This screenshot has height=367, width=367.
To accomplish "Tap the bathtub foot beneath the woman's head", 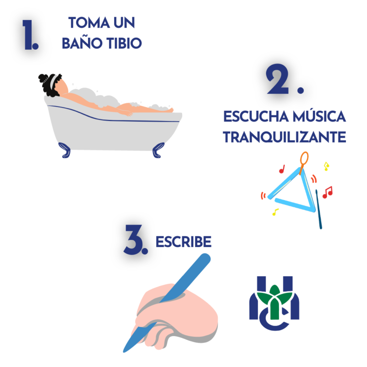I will (x=65, y=150).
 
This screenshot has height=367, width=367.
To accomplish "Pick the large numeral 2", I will (x=279, y=80).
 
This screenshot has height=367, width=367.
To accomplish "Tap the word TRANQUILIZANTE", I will (x=284, y=137).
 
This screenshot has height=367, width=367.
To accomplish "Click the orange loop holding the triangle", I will (x=303, y=159).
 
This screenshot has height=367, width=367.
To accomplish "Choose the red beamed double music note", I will (x=327, y=192).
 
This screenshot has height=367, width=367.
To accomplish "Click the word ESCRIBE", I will (x=183, y=242).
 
